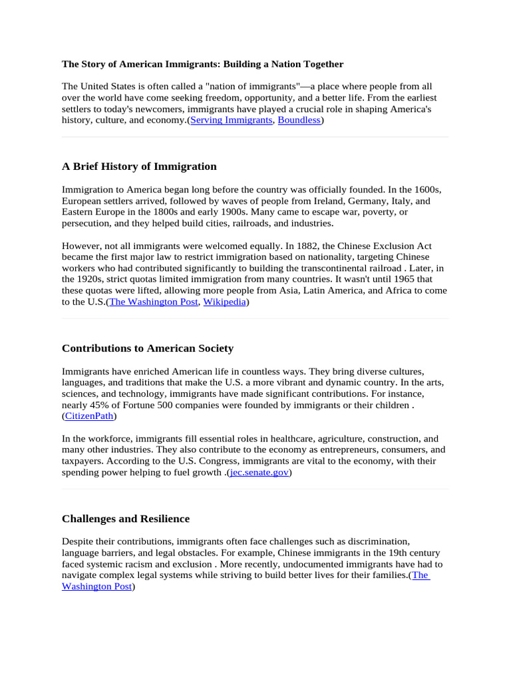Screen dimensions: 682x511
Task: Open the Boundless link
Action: click(299, 121)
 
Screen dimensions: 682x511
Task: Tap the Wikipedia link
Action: click(224, 302)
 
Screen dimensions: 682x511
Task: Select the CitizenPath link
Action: click(89, 416)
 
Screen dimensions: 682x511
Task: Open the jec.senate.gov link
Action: click(258, 473)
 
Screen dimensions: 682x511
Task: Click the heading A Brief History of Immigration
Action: click(139, 167)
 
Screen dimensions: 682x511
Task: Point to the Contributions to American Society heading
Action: click(148, 348)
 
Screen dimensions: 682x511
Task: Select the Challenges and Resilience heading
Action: click(126, 519)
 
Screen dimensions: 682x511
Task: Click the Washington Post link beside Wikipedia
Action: click(153, 302)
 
